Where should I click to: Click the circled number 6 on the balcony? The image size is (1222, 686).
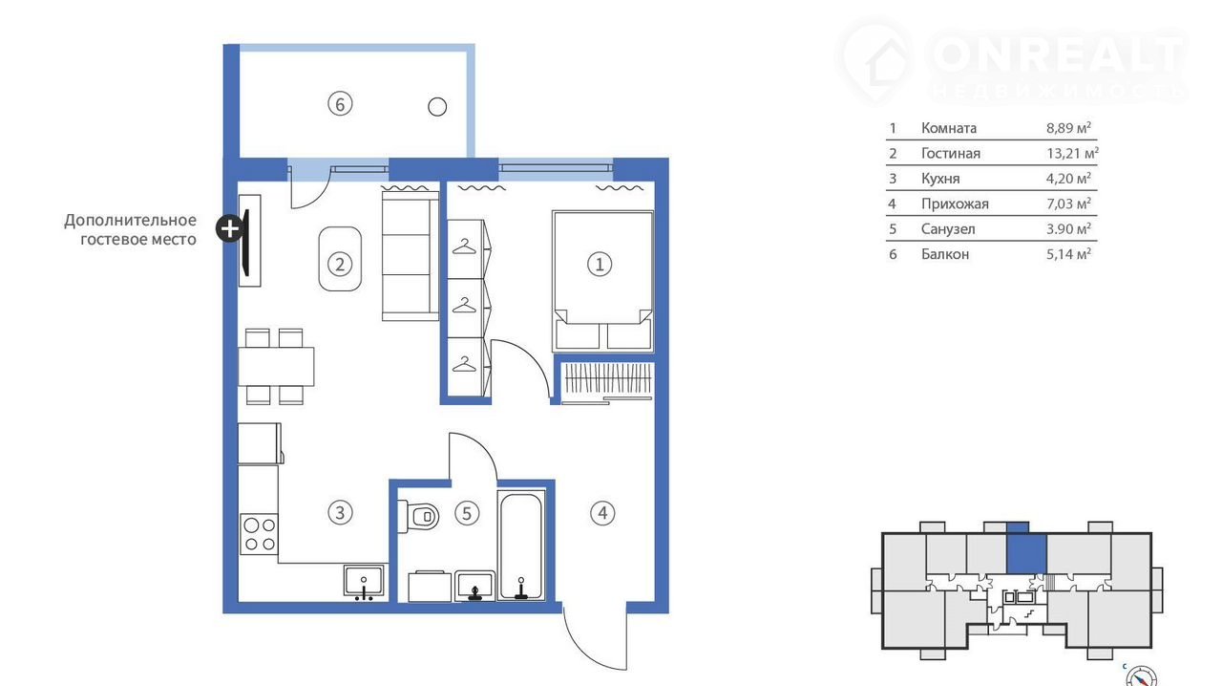(x=340, y=104)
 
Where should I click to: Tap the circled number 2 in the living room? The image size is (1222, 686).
(x=340, y=265)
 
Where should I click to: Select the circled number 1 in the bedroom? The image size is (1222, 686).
(x=600, y=265)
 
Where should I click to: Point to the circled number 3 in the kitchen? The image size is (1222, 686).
(x=340, y=512)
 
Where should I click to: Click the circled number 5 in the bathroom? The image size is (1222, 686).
(x=467, y=513)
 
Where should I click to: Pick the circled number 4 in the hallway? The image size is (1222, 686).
(x=602, y=513)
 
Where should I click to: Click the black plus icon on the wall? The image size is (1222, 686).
(x=230, y=228)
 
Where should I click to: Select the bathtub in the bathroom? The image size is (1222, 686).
(x=521, y=545)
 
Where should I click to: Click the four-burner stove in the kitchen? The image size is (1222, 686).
(x=259, y=534)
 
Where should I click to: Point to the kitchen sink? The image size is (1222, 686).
(x=364, y=580)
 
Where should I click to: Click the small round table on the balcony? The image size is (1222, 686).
(x=437, y=106)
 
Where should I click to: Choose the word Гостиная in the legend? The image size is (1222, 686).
(x=950, y=154)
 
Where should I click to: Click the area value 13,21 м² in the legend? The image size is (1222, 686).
(x=1072, y=152)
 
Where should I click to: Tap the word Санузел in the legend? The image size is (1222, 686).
(x=948, y=229)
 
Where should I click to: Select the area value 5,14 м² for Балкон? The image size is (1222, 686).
(x=1068, y=254)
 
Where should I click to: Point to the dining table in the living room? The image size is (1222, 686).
(x=276, y=367)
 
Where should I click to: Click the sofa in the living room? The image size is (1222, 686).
(x=411, y=256)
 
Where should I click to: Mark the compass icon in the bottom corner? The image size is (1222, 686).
(x=1141, y=677)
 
